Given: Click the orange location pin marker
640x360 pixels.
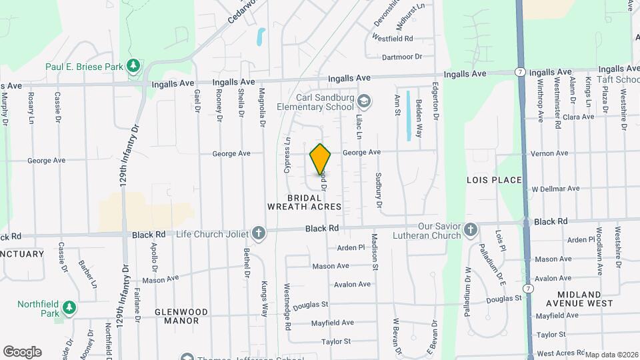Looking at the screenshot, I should [x=321, y=159].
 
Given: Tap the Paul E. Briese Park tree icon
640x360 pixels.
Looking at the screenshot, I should [x=133, y=65].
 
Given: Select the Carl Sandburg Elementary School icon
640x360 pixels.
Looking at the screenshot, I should [x=364, y=101].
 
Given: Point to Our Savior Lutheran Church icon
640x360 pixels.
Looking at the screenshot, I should [x=471, y=231].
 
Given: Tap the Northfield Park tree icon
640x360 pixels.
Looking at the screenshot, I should [x=69, y=308].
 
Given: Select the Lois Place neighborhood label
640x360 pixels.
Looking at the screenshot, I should [x=493, y=180].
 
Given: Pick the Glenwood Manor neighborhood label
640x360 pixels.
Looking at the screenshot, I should [x=181, y=316].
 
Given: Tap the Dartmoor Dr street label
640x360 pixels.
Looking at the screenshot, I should [x=402, y=57].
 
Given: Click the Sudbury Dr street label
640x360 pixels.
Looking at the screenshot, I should [x=378, y=190].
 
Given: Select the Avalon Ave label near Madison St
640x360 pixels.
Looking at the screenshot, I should [x=352, y=284].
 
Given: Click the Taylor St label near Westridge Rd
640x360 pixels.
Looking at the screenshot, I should [x=336, y=341].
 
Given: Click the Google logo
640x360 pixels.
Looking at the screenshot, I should [x=22, y=352].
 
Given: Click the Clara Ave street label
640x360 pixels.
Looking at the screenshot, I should [x=578, y=117].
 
